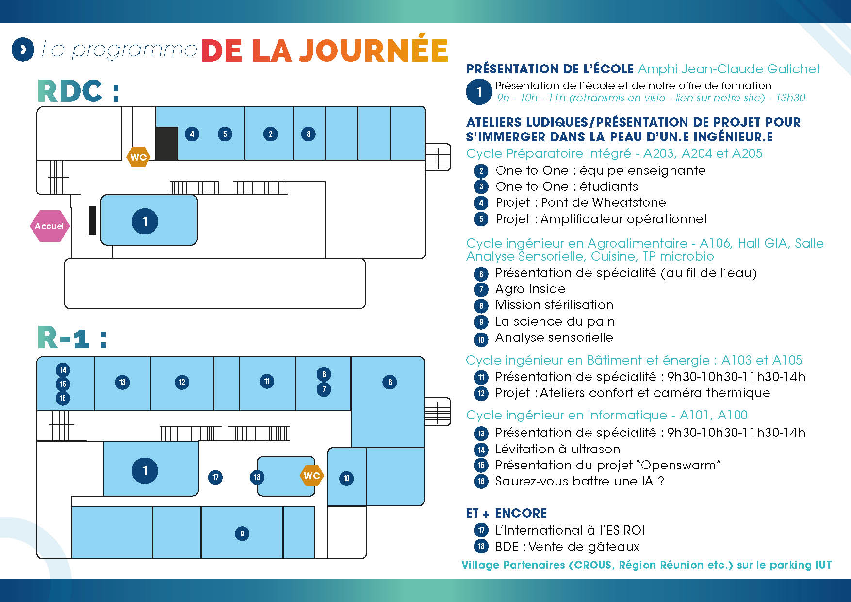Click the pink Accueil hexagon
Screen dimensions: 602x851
50,226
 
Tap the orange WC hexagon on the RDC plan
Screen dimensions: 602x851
138,157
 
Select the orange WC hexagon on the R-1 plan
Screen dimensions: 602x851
311,475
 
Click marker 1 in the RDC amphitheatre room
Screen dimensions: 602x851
145,221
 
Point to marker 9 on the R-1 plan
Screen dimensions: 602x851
242,534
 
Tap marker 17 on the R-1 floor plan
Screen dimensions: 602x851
215,477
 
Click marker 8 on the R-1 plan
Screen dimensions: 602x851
390,382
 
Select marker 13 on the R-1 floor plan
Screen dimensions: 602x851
122,382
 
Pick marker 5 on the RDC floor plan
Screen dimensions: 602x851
225,134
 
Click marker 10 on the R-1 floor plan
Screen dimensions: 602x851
346,478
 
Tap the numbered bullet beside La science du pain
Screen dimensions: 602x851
481,322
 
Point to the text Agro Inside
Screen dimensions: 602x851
530,289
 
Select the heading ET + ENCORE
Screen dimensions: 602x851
506,513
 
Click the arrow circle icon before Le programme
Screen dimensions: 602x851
23,50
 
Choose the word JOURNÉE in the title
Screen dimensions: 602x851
373,50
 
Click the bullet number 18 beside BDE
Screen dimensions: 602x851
481,547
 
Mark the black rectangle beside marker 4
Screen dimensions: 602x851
166,143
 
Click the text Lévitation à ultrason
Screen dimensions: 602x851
557,449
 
